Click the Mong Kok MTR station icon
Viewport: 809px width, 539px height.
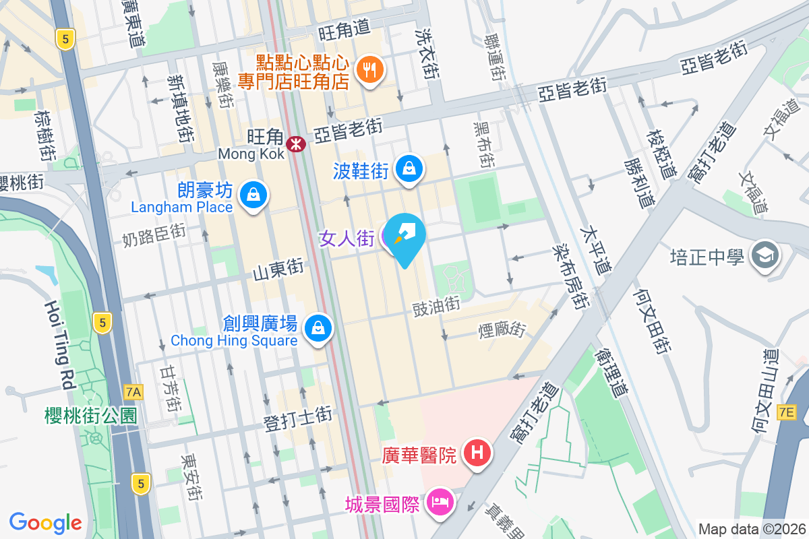pyautogui.click(x=295, y=143)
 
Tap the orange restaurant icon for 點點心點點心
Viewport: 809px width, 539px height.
pyautogui.click(x=369, y=68)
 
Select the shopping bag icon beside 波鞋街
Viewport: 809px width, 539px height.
pyautogui.click(x=409, y=169)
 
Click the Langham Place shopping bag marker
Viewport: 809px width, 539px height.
pyautogui.click(x=253, y=195)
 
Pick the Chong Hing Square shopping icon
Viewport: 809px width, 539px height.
pyautogui.click(x=316, y=328)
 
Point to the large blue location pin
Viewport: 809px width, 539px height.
pyautogui.click(x=406, y=237)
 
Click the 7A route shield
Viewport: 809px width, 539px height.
pyautogui.click(x=133, y=391)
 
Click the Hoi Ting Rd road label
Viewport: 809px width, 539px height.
pyautogui.click(x=59, y=345)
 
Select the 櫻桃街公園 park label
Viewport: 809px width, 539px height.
pyautogui.click(x=91, y=415)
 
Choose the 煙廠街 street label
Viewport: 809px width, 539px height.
pyautogui.click(x=502, y=329)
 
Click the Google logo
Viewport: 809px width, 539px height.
pyautogui.click(x=45, y=523)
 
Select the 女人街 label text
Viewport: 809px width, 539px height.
pyautogui.click(x=347, y=238)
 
